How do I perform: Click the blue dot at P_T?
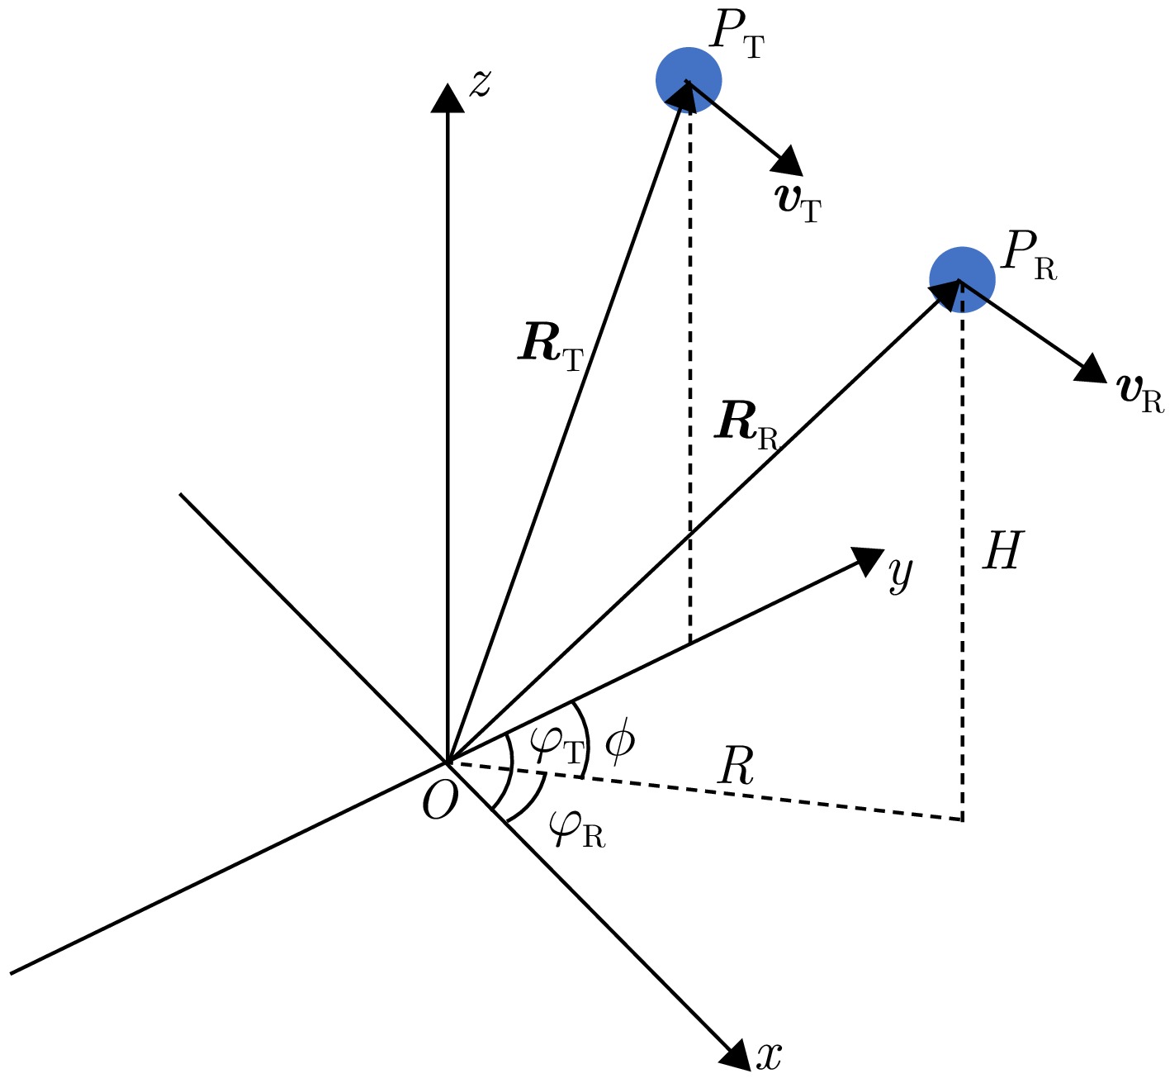[x=689, y=80]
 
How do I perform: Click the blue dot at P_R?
[x=962, y=279]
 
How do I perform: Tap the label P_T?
[x=737, y=36]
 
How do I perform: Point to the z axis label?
[x=481, y=83]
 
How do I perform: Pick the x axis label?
[x=769, y=1056]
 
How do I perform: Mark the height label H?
[x=1002, y=550]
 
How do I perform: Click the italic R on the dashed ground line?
[x=736, y=768]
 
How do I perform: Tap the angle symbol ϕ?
[x=619, y=742]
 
